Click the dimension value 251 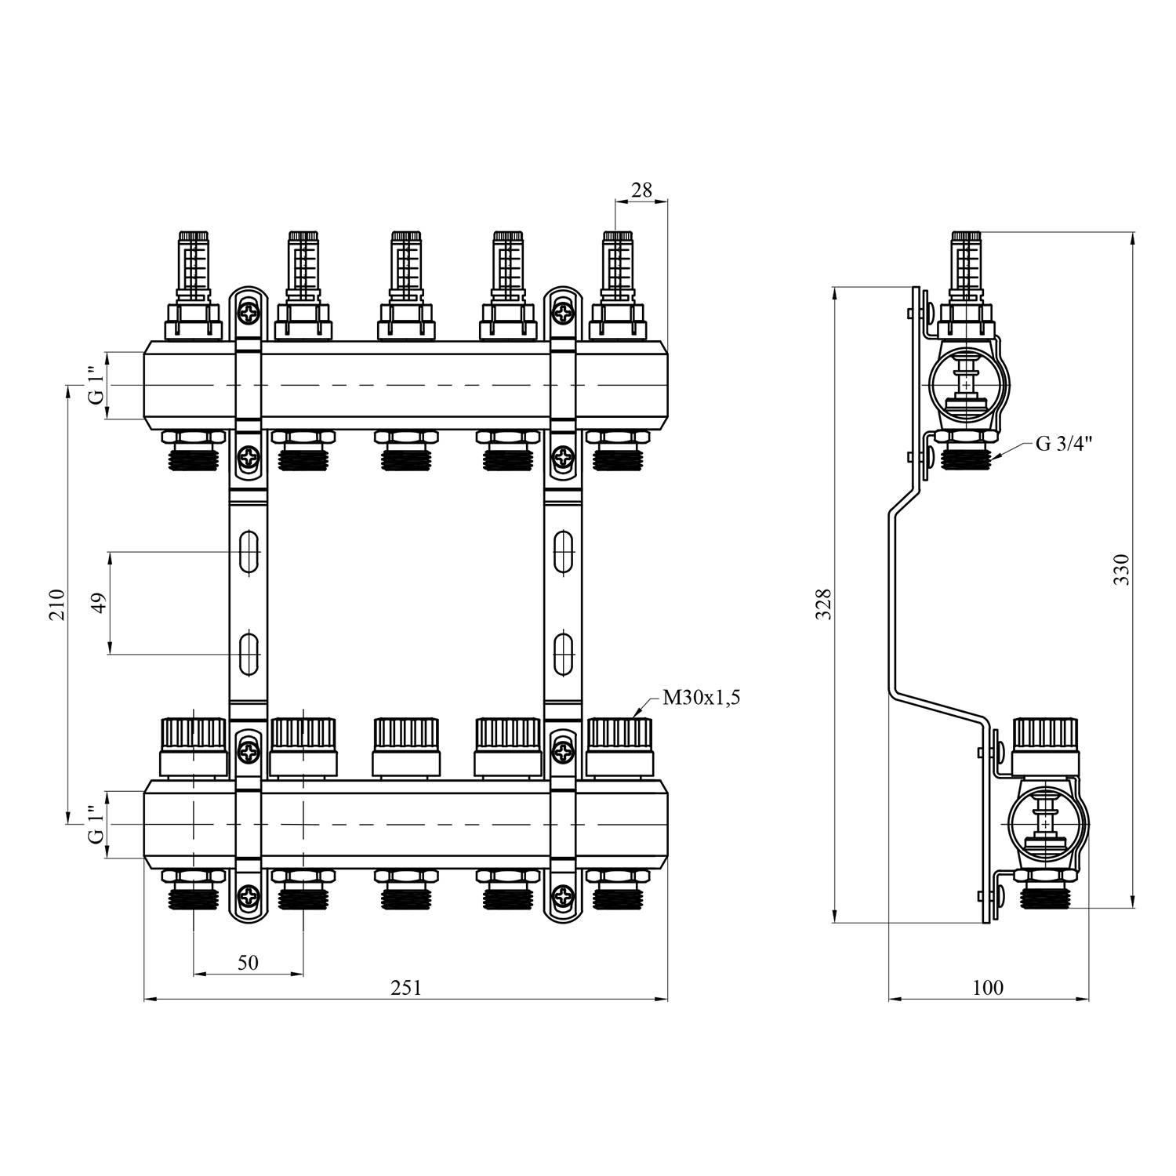406,988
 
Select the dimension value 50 248,962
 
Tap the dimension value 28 641,190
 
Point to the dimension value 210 57,604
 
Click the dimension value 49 100,603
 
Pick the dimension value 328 823,604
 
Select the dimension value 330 1122,570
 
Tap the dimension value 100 987,988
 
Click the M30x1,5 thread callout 701,697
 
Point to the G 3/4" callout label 1064,444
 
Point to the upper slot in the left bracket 249,552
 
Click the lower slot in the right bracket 563,652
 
